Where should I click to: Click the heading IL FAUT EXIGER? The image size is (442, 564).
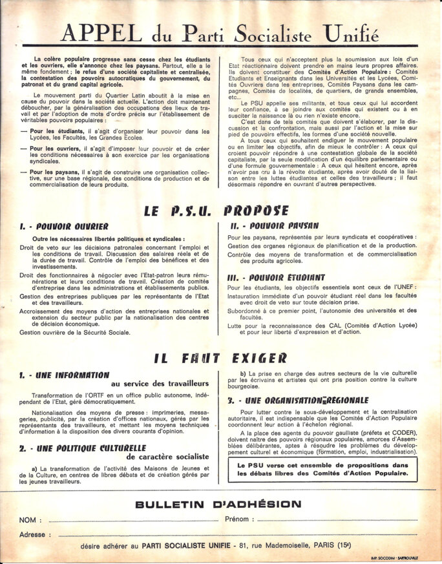click(x=220, y=358)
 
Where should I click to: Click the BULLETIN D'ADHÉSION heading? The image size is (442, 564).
click(x=218, y=504)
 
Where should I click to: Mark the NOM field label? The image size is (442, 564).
click(x=28, y=519)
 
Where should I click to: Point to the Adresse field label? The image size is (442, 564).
click(x=32, y=534)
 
